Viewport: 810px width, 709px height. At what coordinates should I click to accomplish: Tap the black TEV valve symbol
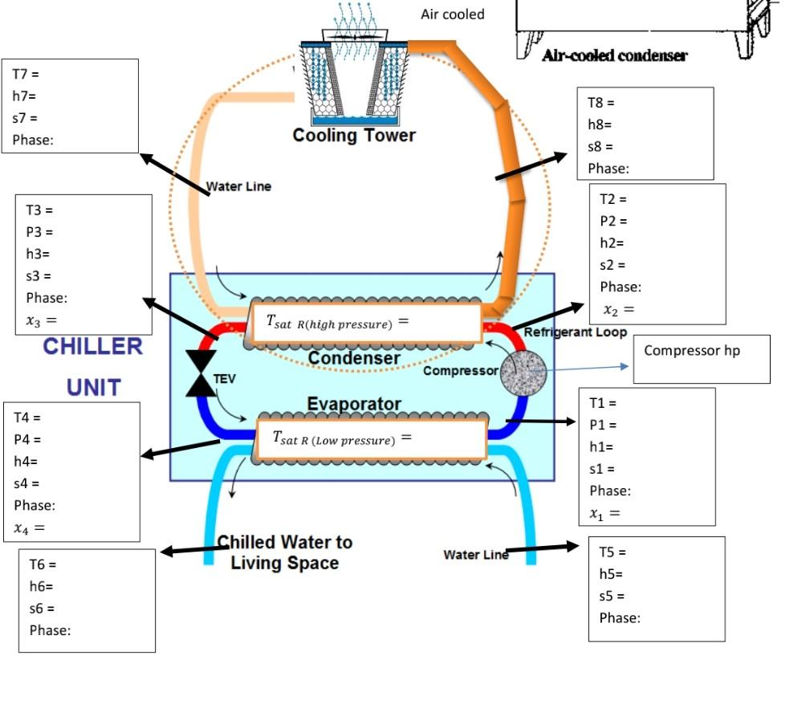tap(200, 373)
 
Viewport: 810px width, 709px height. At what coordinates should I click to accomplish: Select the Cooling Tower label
tap(353, 135)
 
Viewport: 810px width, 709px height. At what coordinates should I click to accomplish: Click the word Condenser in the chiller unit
tap(354, 358)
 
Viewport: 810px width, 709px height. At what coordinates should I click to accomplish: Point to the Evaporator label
tap(354, 404)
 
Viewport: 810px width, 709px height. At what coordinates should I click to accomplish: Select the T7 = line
tap(26, 74)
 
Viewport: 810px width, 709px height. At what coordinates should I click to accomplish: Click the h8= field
tap(600, 124)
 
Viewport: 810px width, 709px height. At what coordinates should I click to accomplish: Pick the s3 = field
tap(39, 275)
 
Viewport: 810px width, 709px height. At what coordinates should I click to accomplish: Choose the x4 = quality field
tap(29, 528)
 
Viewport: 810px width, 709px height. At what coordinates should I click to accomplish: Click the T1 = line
tap(603, 403)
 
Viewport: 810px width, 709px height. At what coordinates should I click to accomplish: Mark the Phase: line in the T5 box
tap(620, 617)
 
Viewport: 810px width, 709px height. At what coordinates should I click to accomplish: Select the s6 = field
tap(42, 609)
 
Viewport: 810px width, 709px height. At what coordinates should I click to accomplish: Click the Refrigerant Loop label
tap(575, 332)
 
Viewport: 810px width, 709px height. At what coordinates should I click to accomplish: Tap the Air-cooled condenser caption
tap(614, 55)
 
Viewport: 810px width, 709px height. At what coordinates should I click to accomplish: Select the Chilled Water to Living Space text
tap(285, 552)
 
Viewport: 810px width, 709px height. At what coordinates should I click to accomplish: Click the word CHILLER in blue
tap(92, 347)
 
